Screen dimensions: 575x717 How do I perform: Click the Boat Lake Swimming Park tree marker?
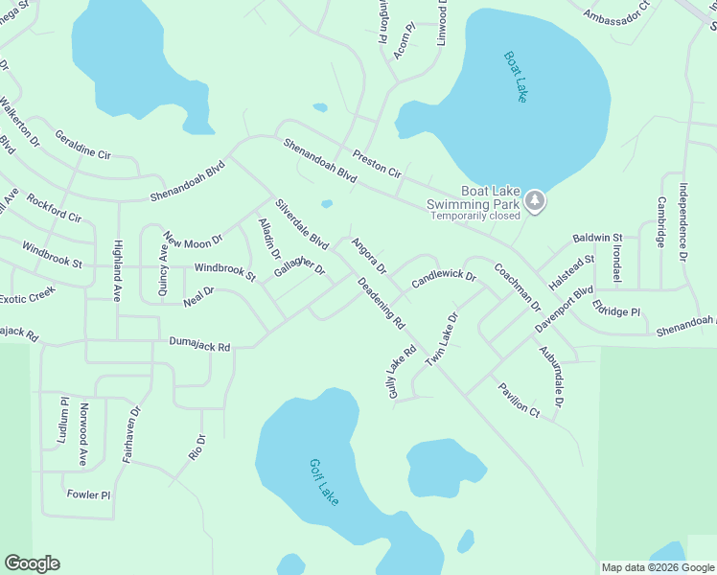tap(535, 201)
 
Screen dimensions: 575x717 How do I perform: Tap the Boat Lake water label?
tap(516, 77)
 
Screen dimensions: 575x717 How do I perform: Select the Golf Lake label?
tap(324, 482)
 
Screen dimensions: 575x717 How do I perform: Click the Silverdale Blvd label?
tap(302, 223)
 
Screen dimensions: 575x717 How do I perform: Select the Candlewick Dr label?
tap(444, 279)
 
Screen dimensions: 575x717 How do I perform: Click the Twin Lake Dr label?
tap(443, 338)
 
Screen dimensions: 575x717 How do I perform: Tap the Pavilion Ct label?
tap(519, 399)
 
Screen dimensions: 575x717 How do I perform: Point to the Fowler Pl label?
tap(89, 495)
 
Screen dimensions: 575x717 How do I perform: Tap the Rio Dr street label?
tap(198, 446)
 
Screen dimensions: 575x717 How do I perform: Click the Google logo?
tap(32, 563)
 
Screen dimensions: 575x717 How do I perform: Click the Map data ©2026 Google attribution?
tap(657, 567)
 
